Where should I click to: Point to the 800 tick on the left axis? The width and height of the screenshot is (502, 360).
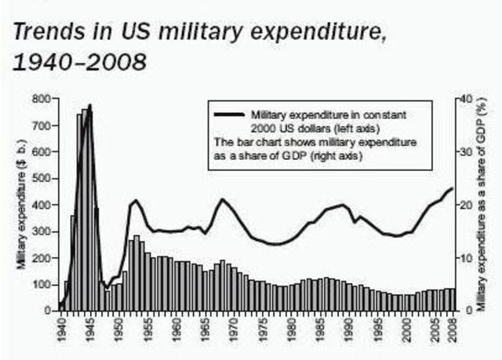[x=42, y=99]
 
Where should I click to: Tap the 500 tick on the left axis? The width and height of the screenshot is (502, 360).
[x=42, y=178]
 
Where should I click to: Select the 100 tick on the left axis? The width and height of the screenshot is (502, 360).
[x=42, y=284]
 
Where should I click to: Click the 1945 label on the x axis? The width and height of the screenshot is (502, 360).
[x=93, y=325]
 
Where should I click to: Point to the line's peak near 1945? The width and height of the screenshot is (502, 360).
[x=90, y=105]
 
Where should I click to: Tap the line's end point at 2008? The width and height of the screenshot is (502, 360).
[x=452, y=188]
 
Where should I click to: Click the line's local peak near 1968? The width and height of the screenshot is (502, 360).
[x=222, y=199]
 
